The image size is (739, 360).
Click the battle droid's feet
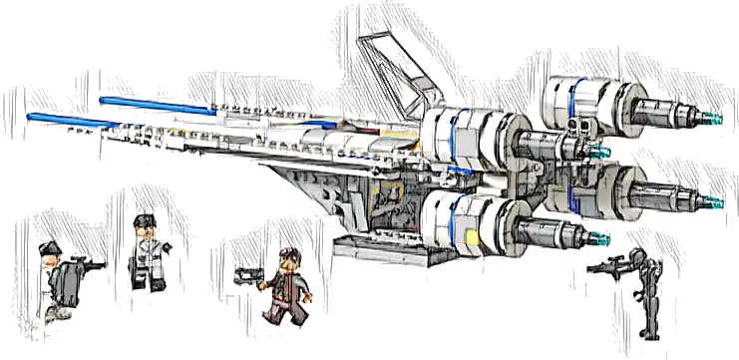pos(649,335)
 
